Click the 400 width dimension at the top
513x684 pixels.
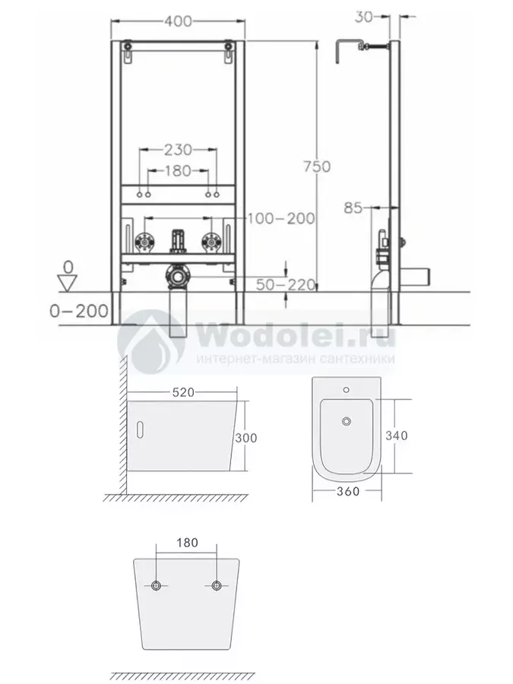point(178,21)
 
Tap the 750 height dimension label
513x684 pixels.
point(317,166)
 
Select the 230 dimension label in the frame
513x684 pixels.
point(178,150)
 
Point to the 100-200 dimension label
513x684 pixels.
point(281,218)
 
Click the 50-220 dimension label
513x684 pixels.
point(286,284)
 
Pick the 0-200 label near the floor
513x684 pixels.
point(79,311)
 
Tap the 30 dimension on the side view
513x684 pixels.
point(364,17)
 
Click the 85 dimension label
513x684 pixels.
point(353,207)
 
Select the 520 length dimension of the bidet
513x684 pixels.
point(183,393)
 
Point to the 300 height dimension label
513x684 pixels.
point(246,438)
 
